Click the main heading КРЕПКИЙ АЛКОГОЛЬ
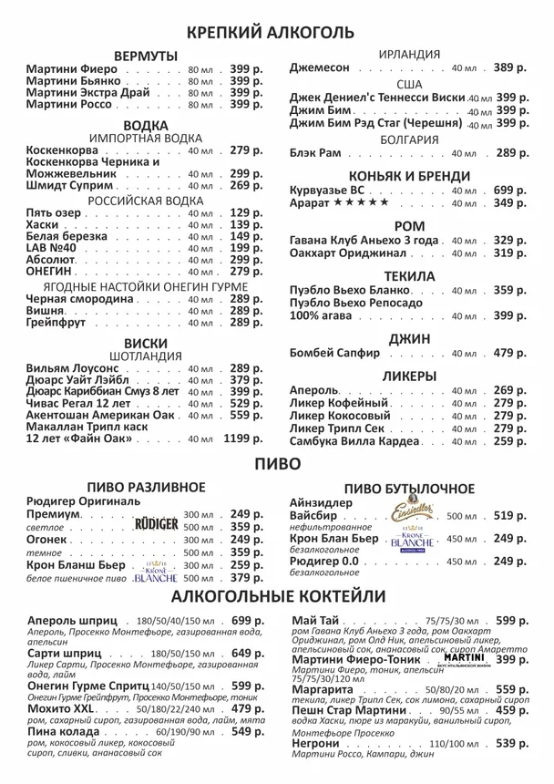click(270, 33)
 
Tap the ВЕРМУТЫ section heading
click(146, 57)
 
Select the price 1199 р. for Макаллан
click(243, 438)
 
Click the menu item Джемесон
click(319, 68)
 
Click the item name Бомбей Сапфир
click(334, 353)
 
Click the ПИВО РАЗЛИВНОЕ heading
click(146, 488)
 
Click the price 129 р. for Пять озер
click(245, 213)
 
